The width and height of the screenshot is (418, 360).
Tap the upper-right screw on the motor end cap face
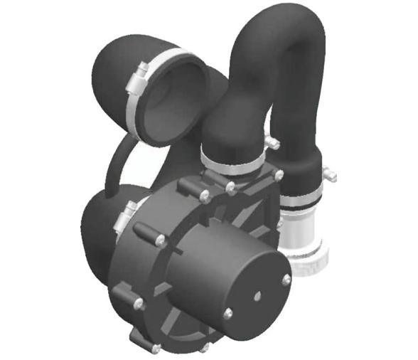click(x=286, y=280)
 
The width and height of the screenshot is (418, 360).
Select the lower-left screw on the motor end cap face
click(x=228, y=312)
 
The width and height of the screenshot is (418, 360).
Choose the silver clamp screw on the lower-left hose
click(x=129, y=211)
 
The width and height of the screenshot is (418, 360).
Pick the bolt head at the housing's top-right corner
click(x=279, y=174)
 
